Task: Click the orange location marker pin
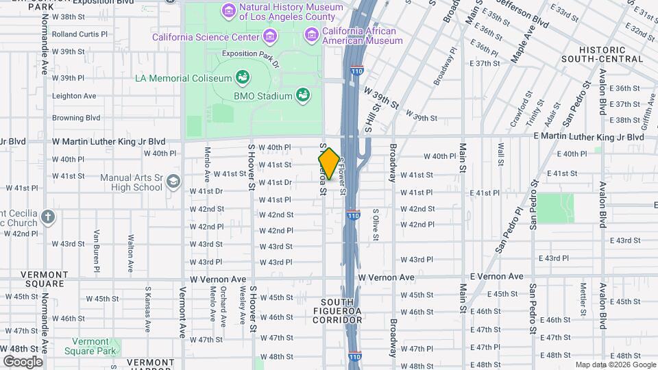click(329, 164)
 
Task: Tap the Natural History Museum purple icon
click(228, 11)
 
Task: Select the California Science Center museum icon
click(271, 35)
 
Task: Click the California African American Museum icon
click(312, 32)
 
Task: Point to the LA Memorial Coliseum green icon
click(242, 76)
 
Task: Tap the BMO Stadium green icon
click(302, 96)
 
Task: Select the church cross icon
click(47, 217)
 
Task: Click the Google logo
click(23, 361)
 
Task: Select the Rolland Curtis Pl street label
click(80, 34)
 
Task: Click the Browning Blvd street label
click(76, 118)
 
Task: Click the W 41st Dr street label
click(276, 182)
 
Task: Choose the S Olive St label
click(376, 225)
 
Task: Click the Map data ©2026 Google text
click(615, 365)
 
